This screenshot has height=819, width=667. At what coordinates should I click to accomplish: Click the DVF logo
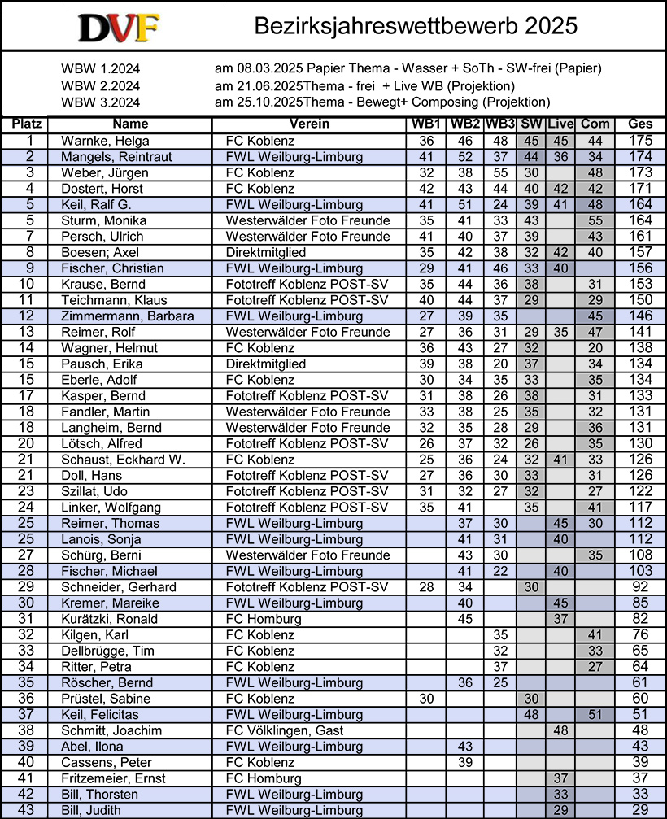[x=120, y=27]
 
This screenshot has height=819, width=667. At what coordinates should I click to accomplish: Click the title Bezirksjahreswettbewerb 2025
[x=416, y=26]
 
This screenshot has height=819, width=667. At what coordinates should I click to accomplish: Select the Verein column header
[x=309, y=124]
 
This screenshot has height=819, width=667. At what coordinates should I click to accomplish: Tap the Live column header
[x=560, y=124]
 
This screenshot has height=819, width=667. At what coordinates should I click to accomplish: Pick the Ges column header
[x=640, y=124]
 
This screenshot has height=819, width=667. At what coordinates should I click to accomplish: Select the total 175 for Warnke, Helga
[x=640, y=141]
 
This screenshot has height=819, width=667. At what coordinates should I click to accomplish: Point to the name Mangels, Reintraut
[x=116, y=157]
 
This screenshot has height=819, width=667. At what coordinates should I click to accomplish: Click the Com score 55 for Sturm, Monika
[x=595, y=220]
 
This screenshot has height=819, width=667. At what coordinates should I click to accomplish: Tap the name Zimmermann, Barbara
[x=124, y=316]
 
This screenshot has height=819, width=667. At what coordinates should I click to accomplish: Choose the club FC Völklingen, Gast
[x=285, y=730]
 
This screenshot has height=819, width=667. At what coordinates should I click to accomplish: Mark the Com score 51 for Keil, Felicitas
[x=595, y=715]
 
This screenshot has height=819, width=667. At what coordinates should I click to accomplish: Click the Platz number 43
[x=24, y=810]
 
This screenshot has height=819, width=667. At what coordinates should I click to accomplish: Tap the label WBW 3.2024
[x=101, y=102]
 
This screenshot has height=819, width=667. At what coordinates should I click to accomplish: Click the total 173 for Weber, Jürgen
[x=640, y=172]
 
